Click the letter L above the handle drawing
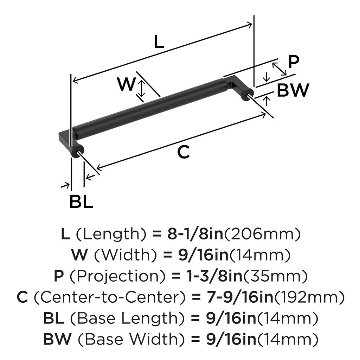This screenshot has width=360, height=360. click(x=159, y=42)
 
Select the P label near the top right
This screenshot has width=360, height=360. click(x=294, y=62)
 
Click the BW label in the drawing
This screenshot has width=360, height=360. click(x=293, y=91)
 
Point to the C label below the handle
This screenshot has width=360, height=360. click(x=183, y=152)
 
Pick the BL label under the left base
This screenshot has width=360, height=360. click(x=81, y=202)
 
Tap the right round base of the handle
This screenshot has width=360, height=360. click(x=247, y=94)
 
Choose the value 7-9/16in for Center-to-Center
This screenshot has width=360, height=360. click(x=239, y=298)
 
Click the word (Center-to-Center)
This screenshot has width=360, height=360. click(x=109, y=298)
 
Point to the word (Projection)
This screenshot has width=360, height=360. click(x=117, y=277)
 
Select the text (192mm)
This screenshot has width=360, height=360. click(x=309, y=298)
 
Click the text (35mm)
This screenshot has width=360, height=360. click(x=275, y=277)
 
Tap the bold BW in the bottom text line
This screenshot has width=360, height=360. click(x=57, y=340)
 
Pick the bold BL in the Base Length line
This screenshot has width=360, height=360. click(x=53, y=319)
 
